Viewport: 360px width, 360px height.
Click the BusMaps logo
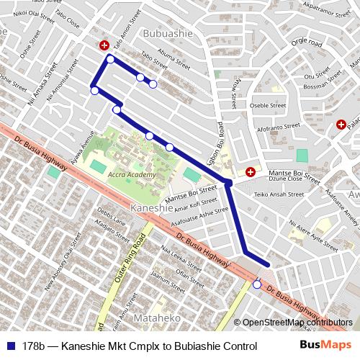pyautogui.click(x=325, y=346)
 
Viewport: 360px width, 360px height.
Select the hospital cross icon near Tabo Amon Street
pyautogui.click(x=105, y=45)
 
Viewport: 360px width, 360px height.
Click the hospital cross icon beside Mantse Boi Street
pyautogui.click(x=251, y=171)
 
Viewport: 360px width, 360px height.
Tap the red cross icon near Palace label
pyautogui.click(x=340, y=125)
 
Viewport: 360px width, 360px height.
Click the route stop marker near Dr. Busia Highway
pyautogui.click(x=257, y=284)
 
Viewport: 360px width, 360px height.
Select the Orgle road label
pyautogui.click(x=307, y=42)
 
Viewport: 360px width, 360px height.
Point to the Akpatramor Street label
pyautogui.click(x=327, y=8)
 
